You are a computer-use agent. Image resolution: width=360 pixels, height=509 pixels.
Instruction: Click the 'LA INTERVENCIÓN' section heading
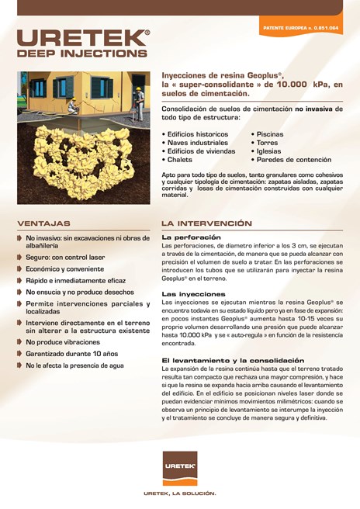(x=206, y=223)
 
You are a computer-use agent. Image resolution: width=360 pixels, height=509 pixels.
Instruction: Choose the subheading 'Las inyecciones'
(x=193, y=294)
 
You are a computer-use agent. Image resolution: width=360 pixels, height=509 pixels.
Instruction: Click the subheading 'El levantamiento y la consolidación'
(x=233, y=360)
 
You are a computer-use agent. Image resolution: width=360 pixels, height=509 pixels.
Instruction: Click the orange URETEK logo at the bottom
(x=179, y=467)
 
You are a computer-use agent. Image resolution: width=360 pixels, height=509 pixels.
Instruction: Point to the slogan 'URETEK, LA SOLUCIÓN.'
(x=179, y=493)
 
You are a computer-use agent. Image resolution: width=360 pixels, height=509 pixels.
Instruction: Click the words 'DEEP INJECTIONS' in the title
(x=81, y=54)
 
